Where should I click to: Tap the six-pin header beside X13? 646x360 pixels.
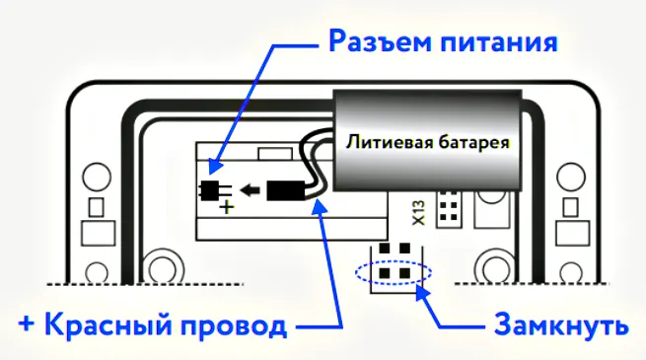(x=450, y=208)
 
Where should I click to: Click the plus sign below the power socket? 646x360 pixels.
(x=226, y=208)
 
